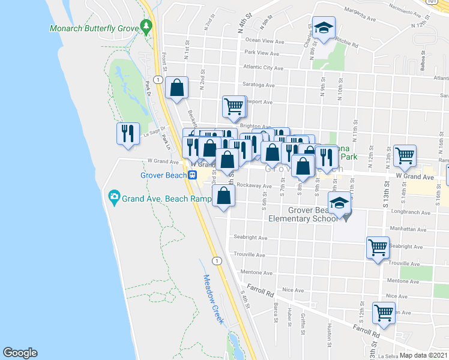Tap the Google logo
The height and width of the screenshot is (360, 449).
[20, 353]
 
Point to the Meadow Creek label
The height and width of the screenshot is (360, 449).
[213, 299]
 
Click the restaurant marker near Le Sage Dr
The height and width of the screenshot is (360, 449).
[128, 134]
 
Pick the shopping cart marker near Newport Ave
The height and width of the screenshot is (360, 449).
[234, 107]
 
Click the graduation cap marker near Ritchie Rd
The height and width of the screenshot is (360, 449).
[324, 28]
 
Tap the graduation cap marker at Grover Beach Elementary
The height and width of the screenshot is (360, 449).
[339, 203]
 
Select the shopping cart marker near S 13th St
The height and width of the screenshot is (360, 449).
[405, 155]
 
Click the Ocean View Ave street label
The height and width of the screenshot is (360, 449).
[262, 40]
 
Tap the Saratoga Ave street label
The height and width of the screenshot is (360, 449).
[258, 85]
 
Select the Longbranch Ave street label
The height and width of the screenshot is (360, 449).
[413, 212]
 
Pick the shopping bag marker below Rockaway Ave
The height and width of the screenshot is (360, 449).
[223, 196]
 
